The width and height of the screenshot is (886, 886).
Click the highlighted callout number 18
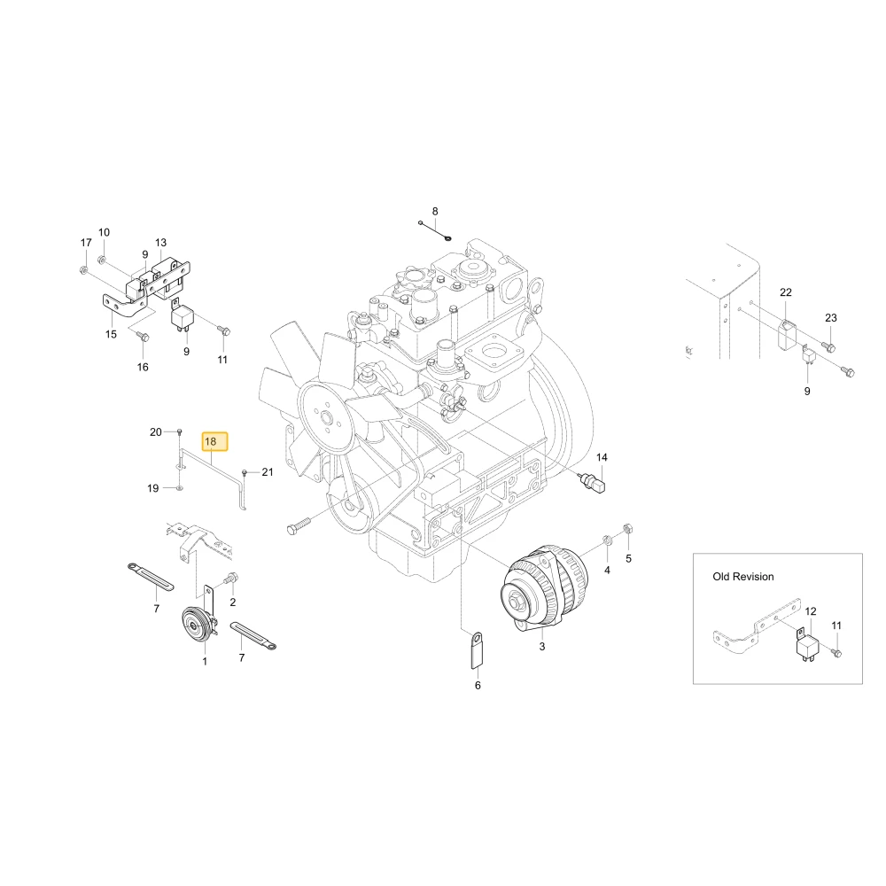click(x=214, y=441)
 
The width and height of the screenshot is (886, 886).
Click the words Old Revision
click(x=742, y=577)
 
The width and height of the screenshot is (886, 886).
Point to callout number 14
click(x=602, y=457)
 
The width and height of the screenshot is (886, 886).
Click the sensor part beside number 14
click(x=594, y=482)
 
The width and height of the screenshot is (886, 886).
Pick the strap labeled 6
click(x=477, y=650)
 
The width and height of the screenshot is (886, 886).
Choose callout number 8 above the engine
click(x=434, y=212)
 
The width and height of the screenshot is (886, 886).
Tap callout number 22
click(x=785, y=292)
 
